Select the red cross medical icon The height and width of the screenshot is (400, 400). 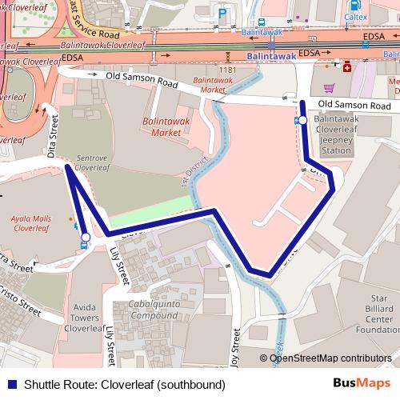(347, 68)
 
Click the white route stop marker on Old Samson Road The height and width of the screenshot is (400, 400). (302, 120)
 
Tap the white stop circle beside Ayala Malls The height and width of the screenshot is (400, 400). (86, 237)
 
